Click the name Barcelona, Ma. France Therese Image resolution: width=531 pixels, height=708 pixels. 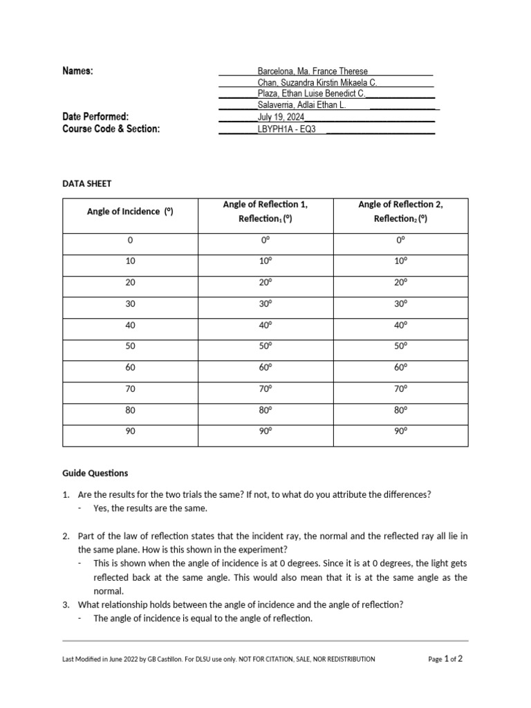pyautogui.click(x=313, y=71)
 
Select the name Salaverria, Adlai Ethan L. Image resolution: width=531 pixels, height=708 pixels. pyautogui.click(x=301, y=105)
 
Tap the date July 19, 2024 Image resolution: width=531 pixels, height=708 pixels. pyautogui.click(x=280, y=117)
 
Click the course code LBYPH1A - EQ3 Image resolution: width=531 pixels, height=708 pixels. pyautogui.click(x=286, y=129)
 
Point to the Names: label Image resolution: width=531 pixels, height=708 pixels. pyautogui.click(x=77, y=71)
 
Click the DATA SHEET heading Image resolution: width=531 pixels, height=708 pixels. pyautogui.click(x=86, y=183)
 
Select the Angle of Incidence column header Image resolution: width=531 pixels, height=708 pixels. pyautogui.click(x=129, y=212)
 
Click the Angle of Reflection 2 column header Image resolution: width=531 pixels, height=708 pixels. pyautogui.click(x=400, y=212)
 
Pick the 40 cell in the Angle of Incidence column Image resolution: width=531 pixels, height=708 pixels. pyautogui.click(x=130, y=325)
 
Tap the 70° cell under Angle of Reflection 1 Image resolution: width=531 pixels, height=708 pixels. pyautogui.click(x=265, y=389)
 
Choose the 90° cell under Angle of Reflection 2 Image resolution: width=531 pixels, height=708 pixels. pyautogui.click(x=400, y=431)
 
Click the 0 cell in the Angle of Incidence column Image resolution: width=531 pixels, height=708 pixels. pyautogui.click(x=130, y=240)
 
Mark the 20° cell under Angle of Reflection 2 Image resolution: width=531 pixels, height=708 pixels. pyautogui.click(x=400, y=282)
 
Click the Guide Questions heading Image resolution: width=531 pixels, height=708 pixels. pyautogui.click(x=95, y=474)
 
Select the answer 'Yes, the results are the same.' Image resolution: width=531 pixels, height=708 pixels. pyautogui.click(x=150, y=508)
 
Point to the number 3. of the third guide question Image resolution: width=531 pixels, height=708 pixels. pyautogui.click(x=66, y=604)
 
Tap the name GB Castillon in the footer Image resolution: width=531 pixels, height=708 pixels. pyautogui.click(x=165, y=660)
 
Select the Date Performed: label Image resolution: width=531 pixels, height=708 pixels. pyautogui.click(x=95, y=117)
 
